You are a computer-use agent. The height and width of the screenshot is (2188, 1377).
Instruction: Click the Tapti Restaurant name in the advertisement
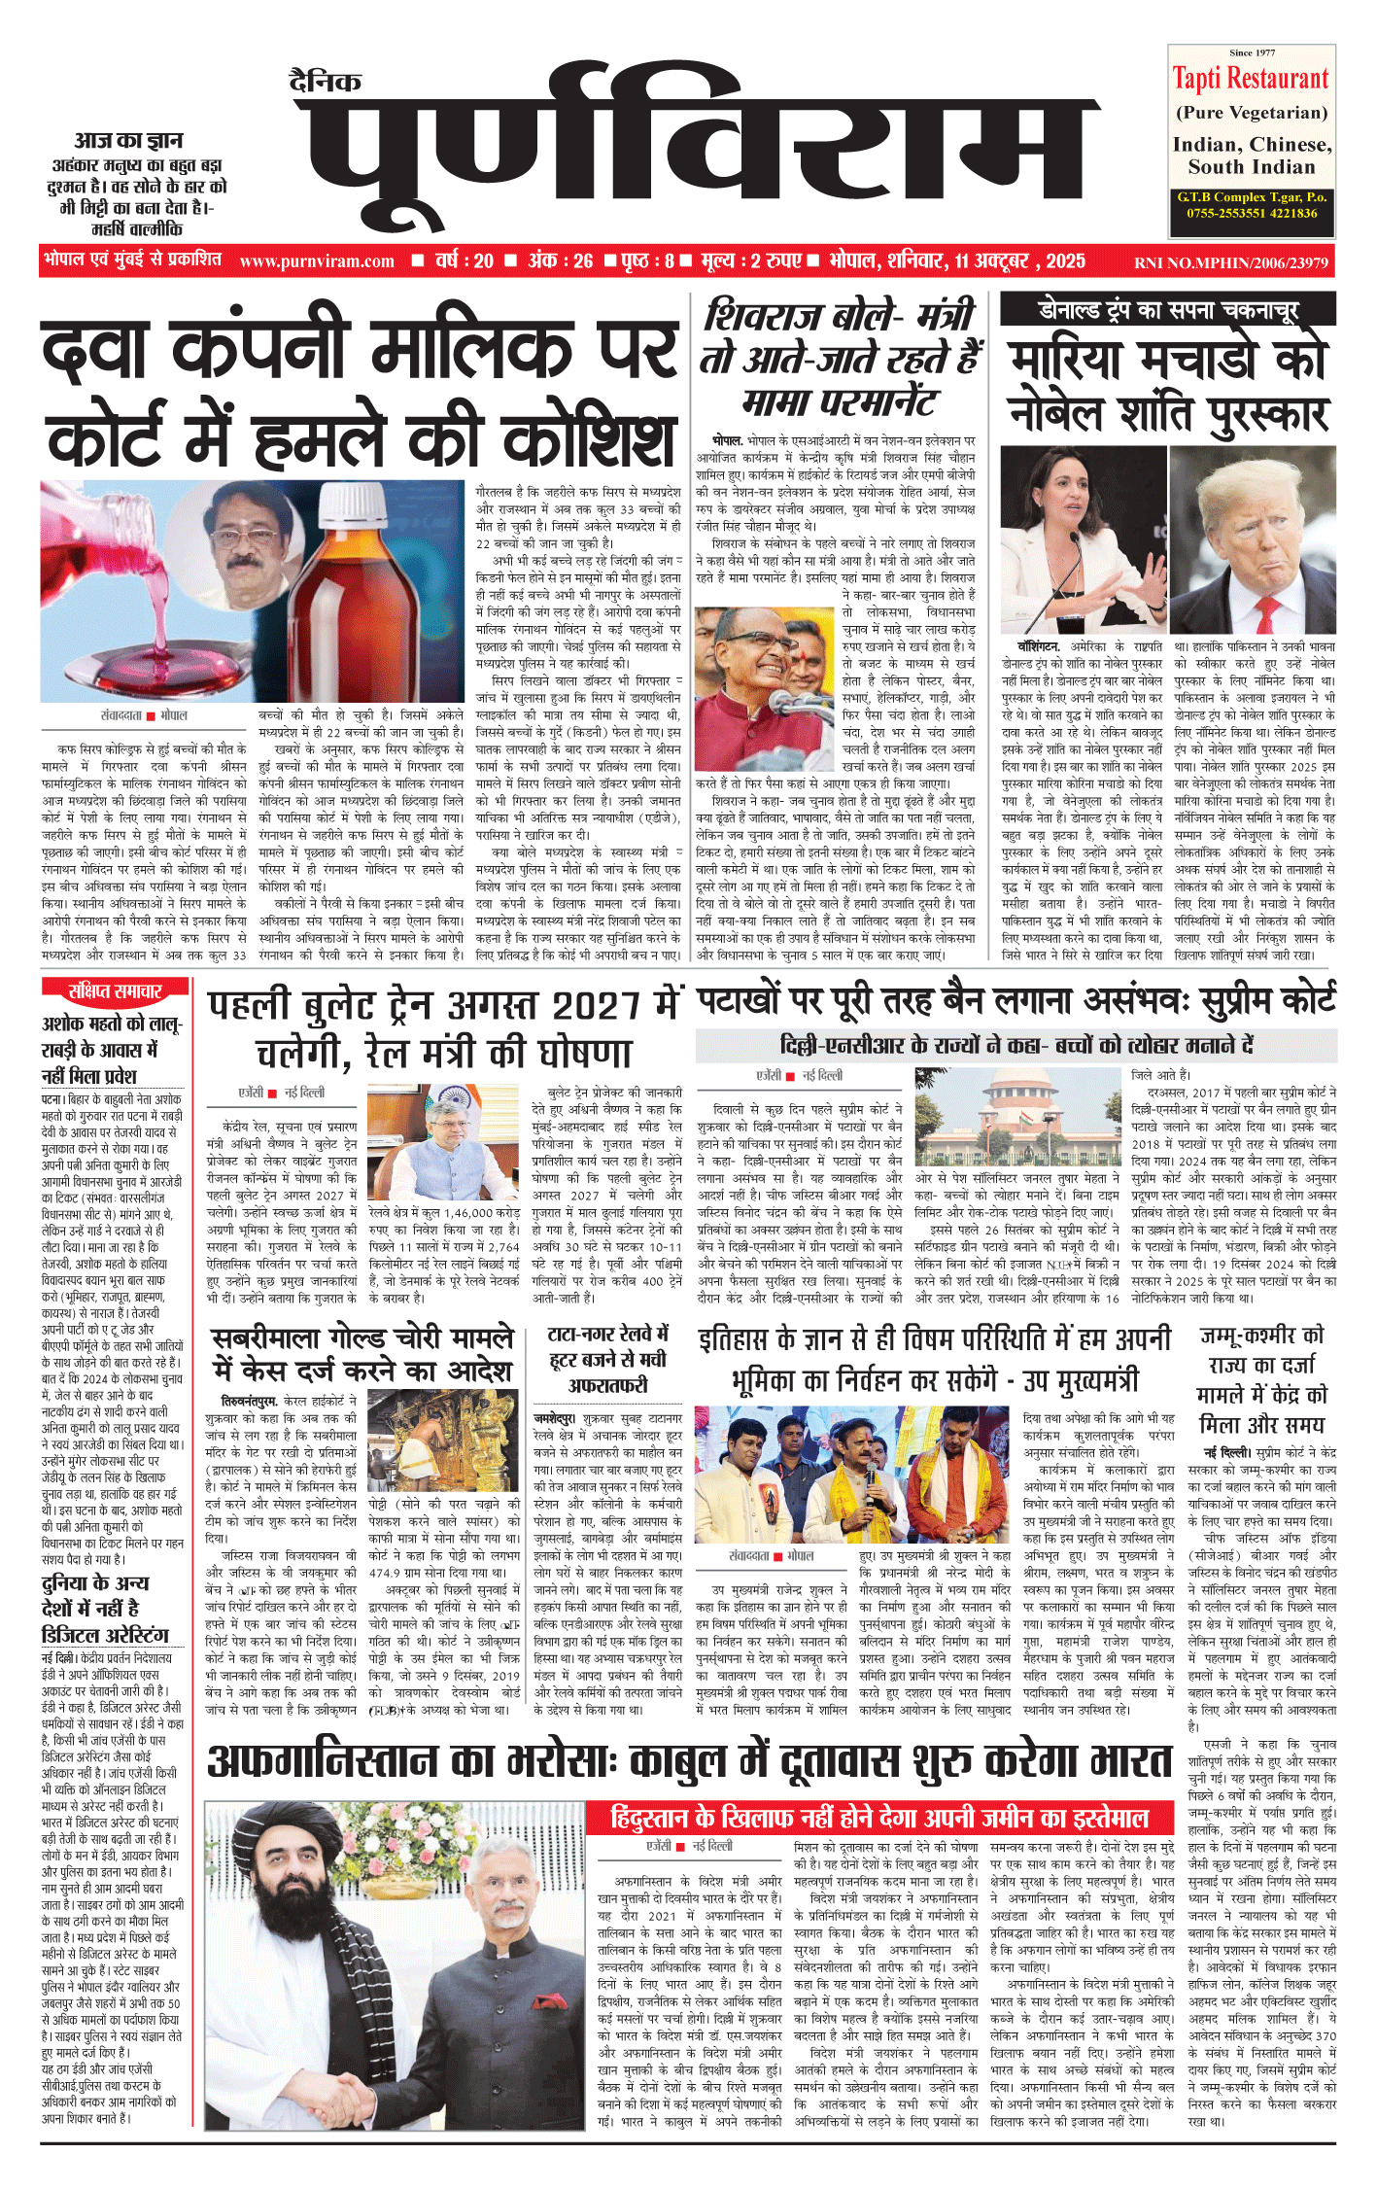1250,78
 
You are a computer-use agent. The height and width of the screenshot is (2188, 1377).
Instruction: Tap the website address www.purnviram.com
317,261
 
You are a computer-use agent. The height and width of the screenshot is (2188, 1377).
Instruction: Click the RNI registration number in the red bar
1231,262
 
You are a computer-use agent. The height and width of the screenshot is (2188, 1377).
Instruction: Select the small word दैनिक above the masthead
326,82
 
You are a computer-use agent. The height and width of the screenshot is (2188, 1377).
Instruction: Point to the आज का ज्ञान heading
129,141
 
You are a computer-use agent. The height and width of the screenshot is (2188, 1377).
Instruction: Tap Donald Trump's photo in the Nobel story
1253,538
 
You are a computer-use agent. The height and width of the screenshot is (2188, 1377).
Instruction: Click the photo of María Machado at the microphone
1083,538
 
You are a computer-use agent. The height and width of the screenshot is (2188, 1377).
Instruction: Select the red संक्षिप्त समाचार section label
114,991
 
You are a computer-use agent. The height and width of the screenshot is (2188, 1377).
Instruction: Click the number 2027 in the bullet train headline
592,1005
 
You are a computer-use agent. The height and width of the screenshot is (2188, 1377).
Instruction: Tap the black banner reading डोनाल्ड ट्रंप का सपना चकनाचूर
1168,311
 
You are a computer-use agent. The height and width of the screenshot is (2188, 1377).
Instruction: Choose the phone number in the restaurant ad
1252,213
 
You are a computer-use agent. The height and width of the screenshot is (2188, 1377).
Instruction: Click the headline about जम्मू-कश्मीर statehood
1261,1379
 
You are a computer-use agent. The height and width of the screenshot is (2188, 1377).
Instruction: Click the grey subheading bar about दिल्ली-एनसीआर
1016,1045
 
